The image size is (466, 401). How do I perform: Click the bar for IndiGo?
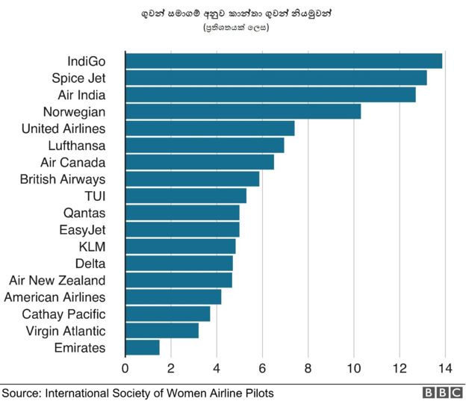284,61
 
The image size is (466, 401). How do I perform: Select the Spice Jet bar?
276,78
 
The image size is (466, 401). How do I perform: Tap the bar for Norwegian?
243,111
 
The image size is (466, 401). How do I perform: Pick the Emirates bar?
142,347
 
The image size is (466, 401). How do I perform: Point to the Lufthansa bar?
205,145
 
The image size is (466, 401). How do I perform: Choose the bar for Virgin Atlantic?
162,330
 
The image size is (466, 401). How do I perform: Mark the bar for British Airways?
192,178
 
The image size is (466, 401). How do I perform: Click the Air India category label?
81,95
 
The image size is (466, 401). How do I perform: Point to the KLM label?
92,246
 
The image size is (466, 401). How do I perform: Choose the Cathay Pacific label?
63,314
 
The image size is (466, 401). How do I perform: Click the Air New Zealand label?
57,280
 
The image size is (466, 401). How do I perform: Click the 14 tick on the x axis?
445,367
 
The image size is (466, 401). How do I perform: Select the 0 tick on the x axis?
125,367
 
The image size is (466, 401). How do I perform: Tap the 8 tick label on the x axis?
308,367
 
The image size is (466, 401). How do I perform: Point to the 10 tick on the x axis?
354,367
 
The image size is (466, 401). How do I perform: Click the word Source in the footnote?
21,393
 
